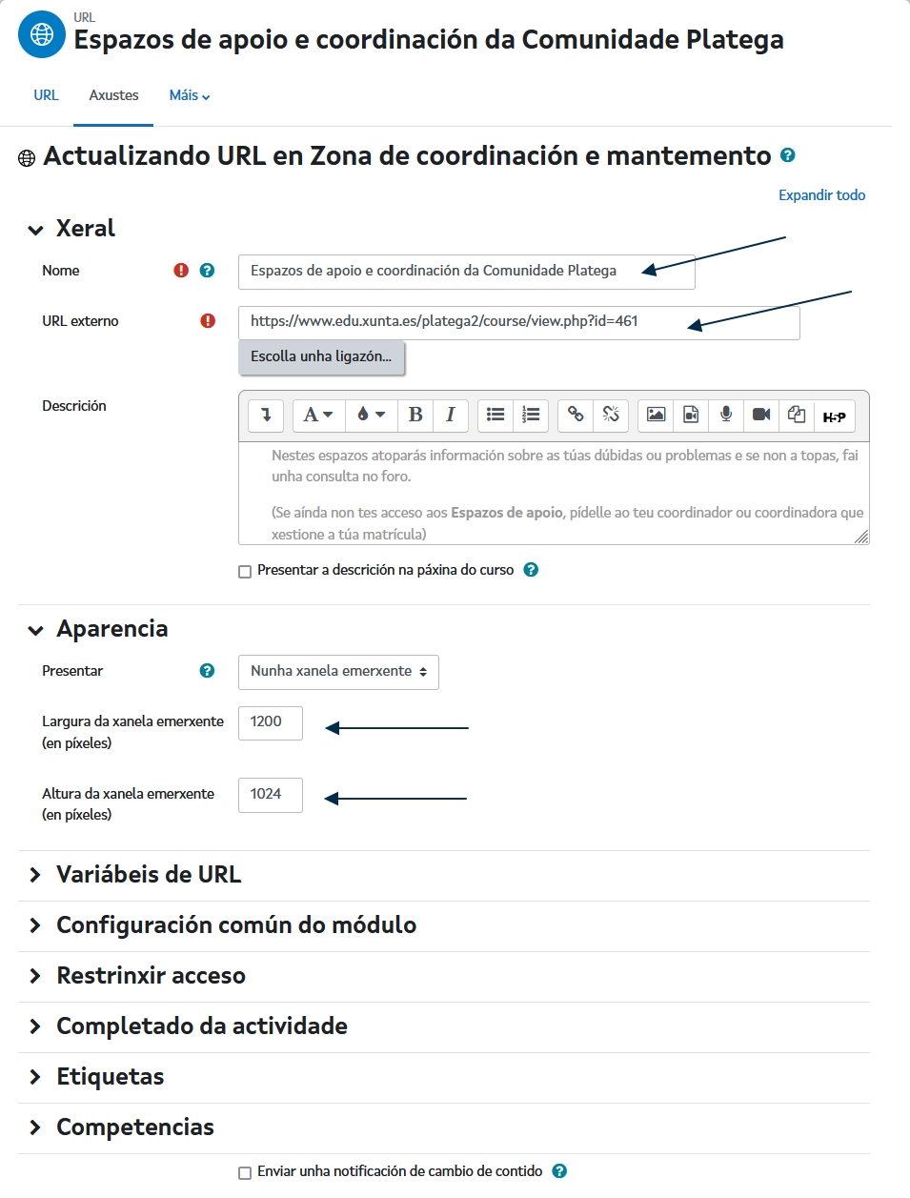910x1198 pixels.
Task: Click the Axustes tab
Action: (113, 95)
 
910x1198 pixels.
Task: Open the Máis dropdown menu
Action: (189, 95)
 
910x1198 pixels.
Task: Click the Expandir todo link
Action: (821, 195)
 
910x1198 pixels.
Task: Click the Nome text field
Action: (466, 272)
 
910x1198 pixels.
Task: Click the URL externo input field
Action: (518, 322)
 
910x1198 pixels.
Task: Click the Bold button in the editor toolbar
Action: (415, 415)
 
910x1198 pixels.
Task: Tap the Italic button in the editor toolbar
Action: (451, 415)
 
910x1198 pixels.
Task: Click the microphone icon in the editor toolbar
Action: (726, 415)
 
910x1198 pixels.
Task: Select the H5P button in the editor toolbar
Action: (834, 416)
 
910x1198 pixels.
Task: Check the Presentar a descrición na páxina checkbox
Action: (245, 572)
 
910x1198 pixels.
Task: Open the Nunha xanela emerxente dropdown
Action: (338, 672)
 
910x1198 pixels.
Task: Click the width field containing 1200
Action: (270, 722)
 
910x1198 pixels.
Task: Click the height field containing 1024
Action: (270, 795)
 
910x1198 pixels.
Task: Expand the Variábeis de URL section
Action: (149, 875)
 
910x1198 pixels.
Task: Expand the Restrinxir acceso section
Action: (151, 976)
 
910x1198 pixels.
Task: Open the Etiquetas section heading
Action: (110, 1077)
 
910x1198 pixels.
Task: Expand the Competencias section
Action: (134, 1127)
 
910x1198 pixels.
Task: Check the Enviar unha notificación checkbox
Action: (245, 1173)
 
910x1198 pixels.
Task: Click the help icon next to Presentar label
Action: (207, 671)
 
